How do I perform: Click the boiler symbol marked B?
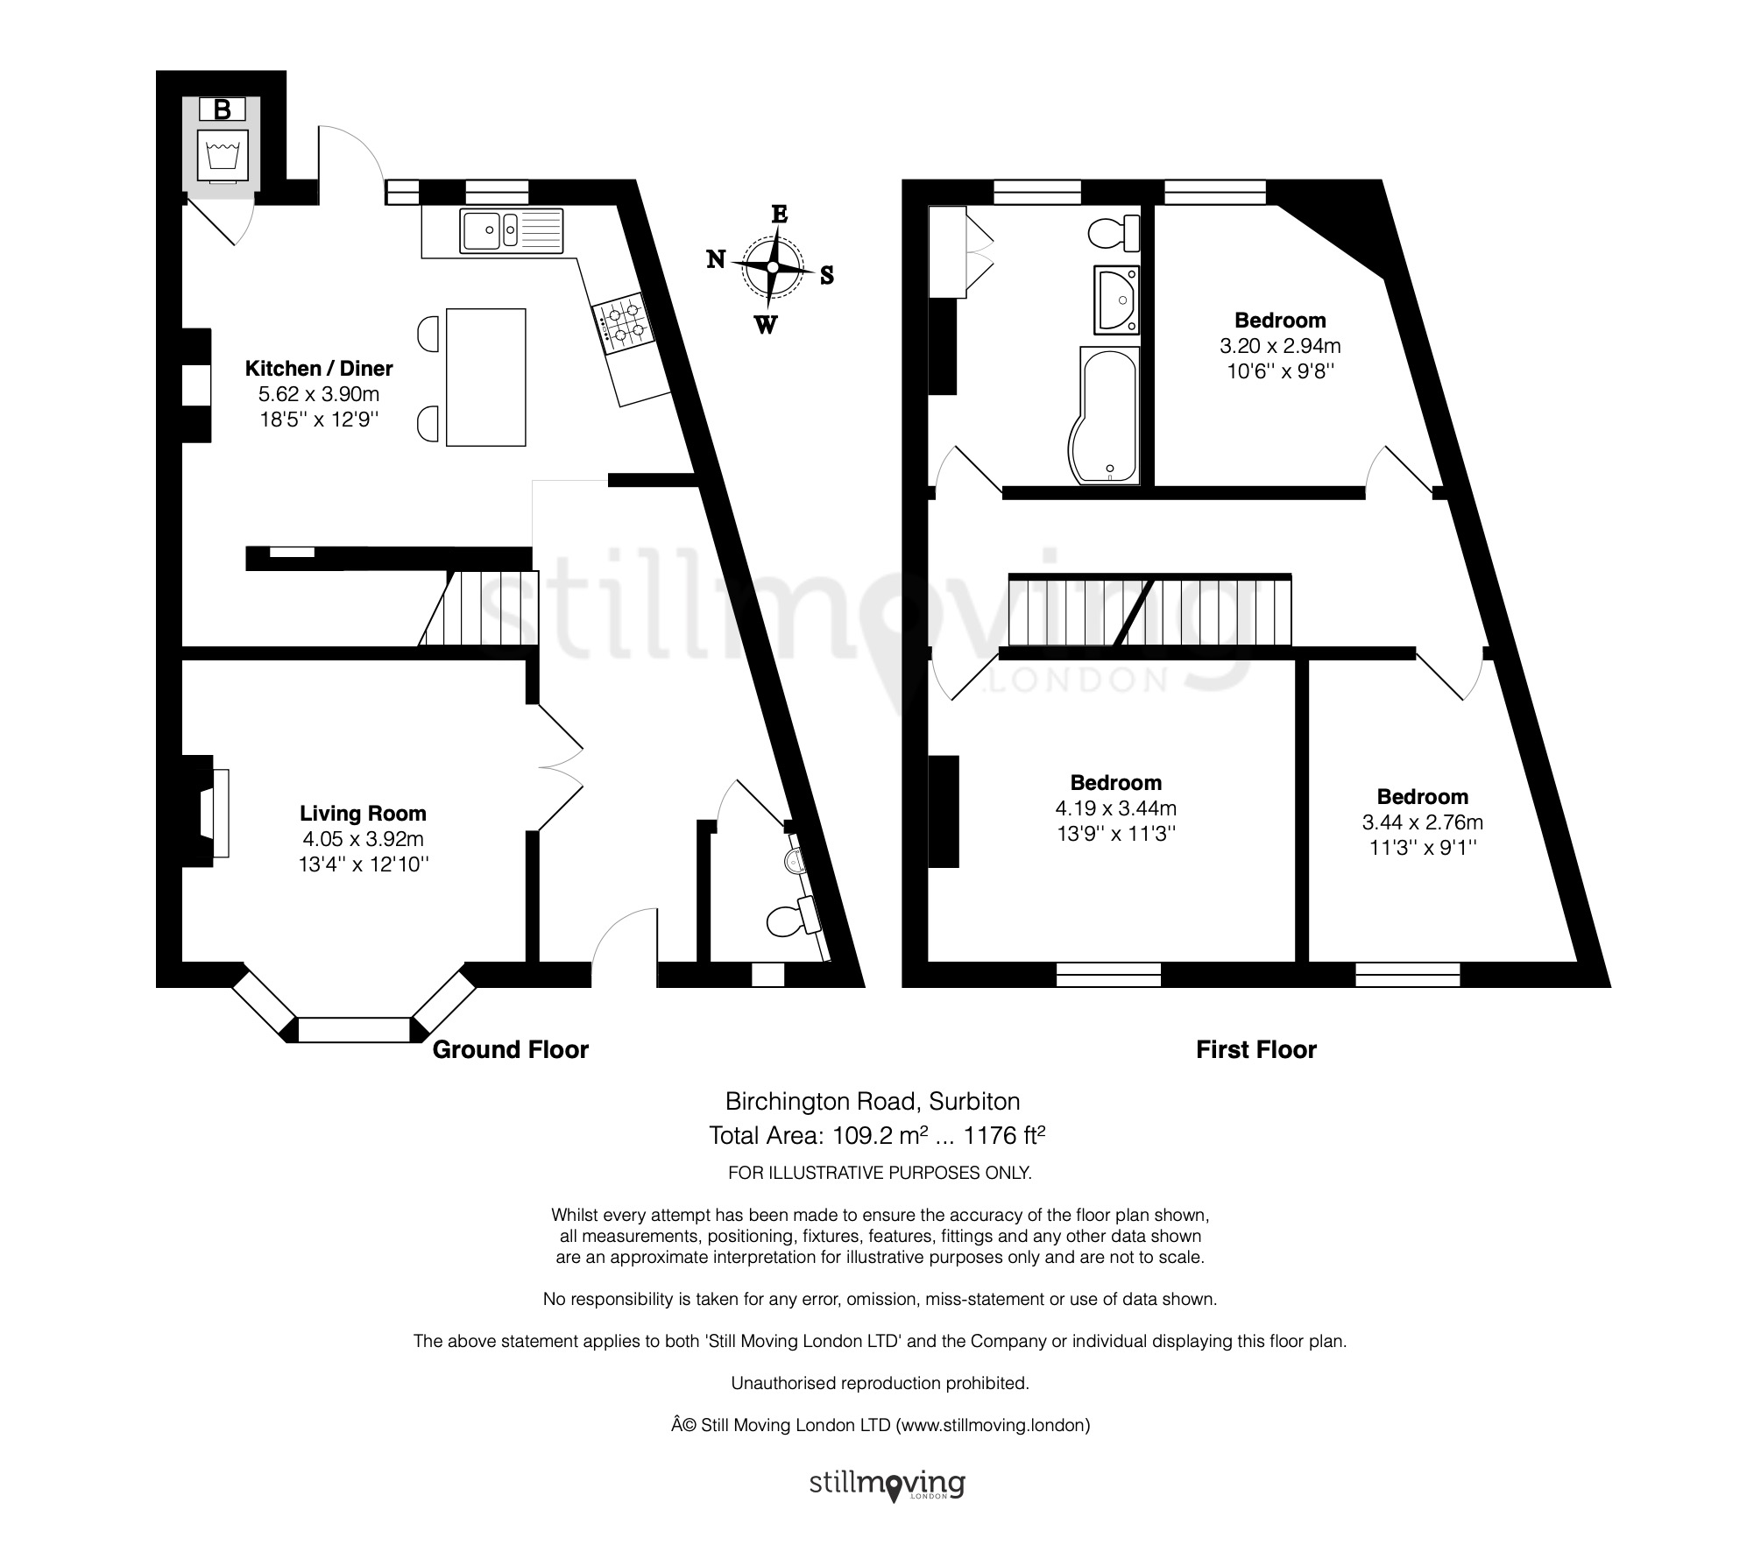coord(223,109)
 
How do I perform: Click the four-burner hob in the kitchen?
coord(623,321)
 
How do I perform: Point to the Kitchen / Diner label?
coord(319,369)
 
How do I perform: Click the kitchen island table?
coord(486,377)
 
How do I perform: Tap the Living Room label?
coord(363,814)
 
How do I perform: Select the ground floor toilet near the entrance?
coord(792,920)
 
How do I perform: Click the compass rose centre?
coord(773,266)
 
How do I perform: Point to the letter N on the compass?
coord(716,258)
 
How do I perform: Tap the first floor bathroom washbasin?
coord(1117,300)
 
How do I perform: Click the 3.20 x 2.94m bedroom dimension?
coord(1280,346)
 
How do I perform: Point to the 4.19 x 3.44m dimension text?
coord(1115,808)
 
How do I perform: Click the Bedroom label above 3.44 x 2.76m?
coord(1422,797)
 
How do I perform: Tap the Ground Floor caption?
coord(511,1049)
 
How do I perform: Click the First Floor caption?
coord(1256,1049)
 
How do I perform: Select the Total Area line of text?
coord(877,1135)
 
